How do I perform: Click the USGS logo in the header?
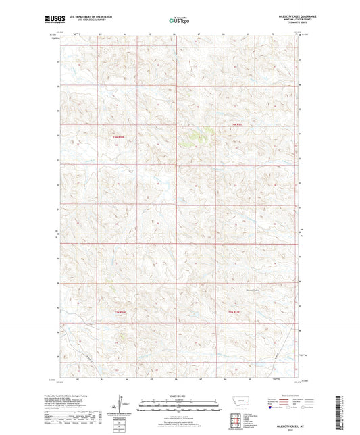click(54, 20)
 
